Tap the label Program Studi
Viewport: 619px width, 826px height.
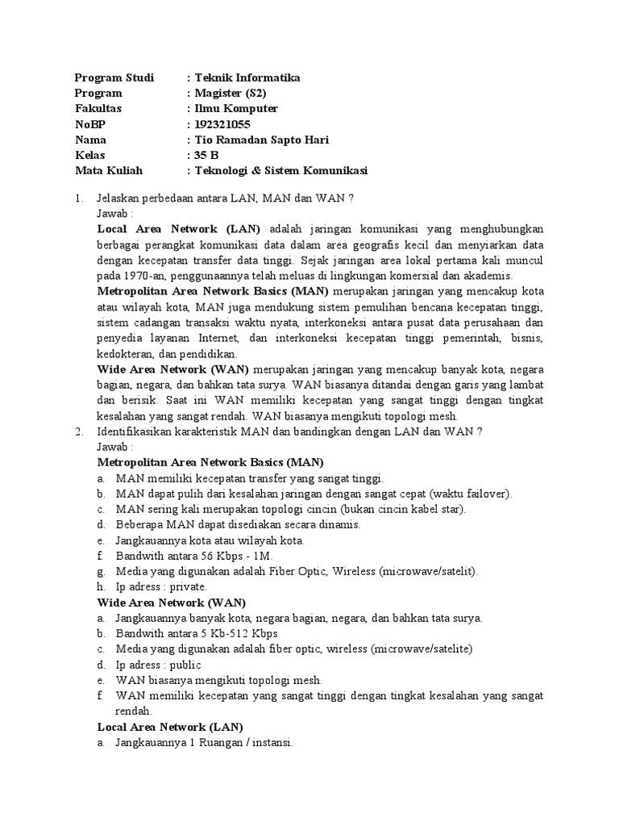pos(108,77)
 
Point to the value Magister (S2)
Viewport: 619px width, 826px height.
pos(229,93)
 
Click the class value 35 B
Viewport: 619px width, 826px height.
pos(206,155)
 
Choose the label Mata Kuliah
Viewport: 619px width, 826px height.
pos(108,170)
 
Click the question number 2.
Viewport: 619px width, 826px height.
pos(78,431)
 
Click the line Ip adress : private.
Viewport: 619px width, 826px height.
pos(161,586)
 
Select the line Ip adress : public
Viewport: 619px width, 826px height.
pos(159,664)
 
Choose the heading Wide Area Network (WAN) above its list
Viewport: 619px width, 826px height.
pos(171,602)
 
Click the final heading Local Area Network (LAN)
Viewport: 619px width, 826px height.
pos(169,726)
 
